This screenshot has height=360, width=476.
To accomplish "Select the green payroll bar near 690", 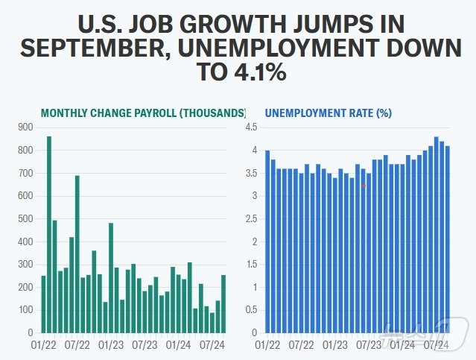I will (77, 253).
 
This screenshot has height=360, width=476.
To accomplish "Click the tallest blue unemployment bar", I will (437, 234).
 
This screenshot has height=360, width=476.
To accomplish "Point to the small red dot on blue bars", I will (364, 186).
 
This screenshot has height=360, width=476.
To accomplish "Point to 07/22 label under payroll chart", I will (77, 345).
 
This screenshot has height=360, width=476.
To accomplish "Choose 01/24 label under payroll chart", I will (178, 345).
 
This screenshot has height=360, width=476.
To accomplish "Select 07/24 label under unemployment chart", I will (437, 345).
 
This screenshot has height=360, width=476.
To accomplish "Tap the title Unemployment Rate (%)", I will (329, 113).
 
